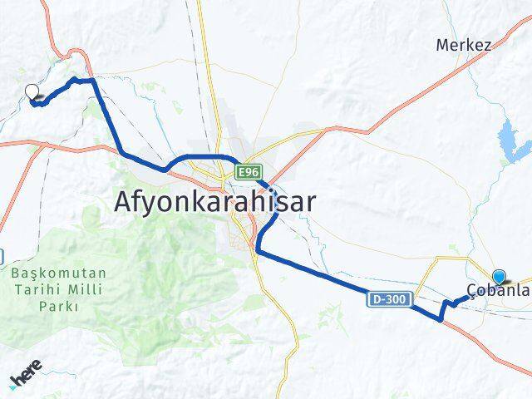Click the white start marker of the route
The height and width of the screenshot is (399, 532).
pos(32,92)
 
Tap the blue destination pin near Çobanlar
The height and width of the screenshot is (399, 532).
pos(499,278)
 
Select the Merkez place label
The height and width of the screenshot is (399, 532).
pos(463,45)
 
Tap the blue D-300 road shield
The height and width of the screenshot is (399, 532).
pos(387,297)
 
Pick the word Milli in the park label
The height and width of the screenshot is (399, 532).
pos(85,289)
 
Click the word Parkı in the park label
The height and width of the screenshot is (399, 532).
pos(57,306)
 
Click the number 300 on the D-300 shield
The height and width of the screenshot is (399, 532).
pos(394,297)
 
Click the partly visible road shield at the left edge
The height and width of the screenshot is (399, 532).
pos(2,254)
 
